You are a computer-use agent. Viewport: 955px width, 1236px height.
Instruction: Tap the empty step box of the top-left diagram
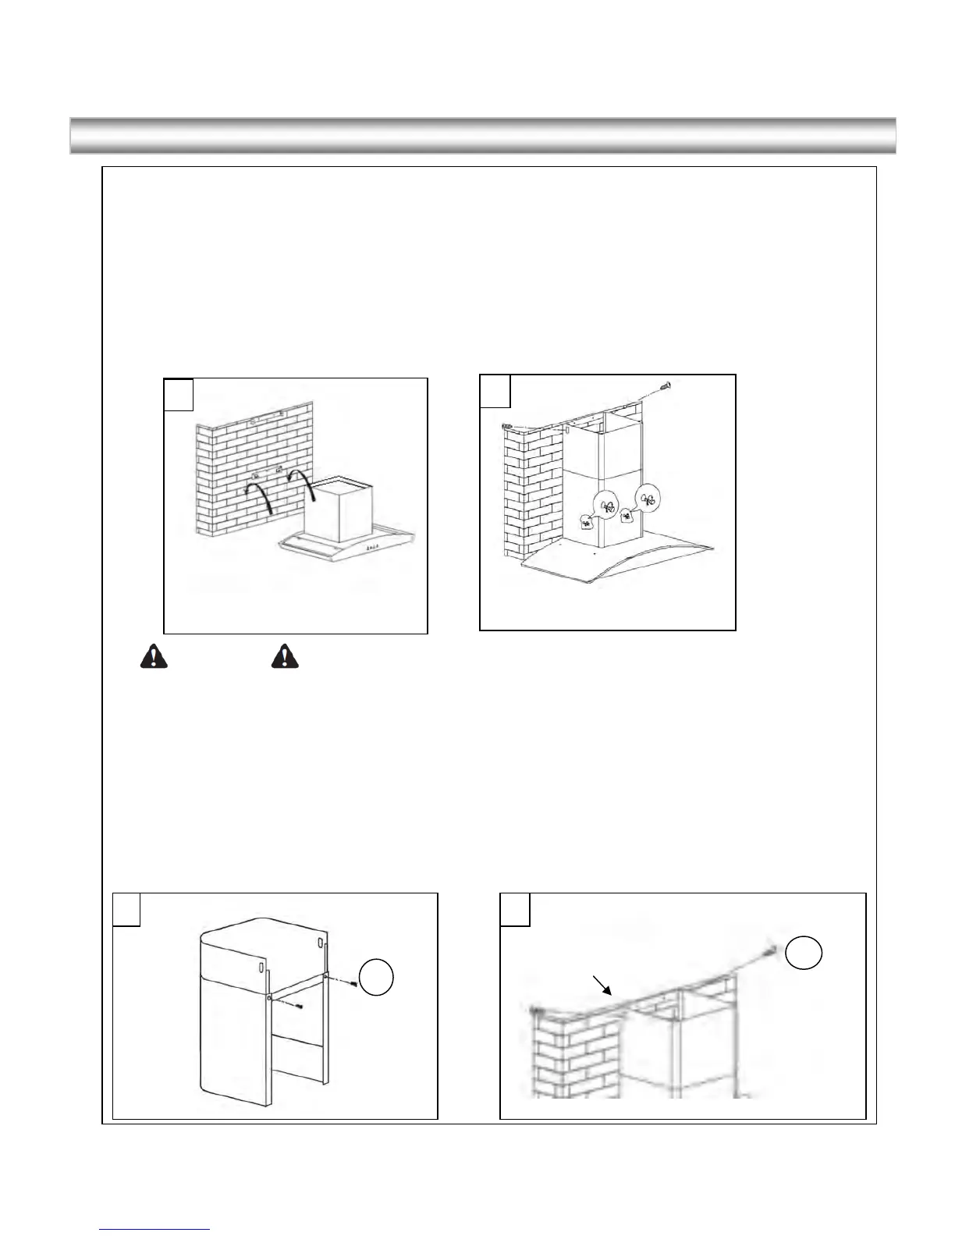point(179,394)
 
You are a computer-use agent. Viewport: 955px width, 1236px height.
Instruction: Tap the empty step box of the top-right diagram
point(495,391)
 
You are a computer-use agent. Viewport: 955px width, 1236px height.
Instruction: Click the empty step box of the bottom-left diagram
point(127,909)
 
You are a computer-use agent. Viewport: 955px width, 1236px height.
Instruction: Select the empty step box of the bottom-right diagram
point(515,909)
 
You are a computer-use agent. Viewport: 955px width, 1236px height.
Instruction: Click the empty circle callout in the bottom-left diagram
point(376,978)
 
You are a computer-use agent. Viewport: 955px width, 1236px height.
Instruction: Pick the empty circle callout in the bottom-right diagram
point(804,954)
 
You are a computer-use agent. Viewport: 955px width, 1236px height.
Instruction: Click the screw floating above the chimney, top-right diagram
point(664,385)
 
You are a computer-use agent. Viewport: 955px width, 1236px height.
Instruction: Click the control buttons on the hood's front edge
point(373,549)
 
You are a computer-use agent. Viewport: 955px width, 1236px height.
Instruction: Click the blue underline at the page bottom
point(155,1229)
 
